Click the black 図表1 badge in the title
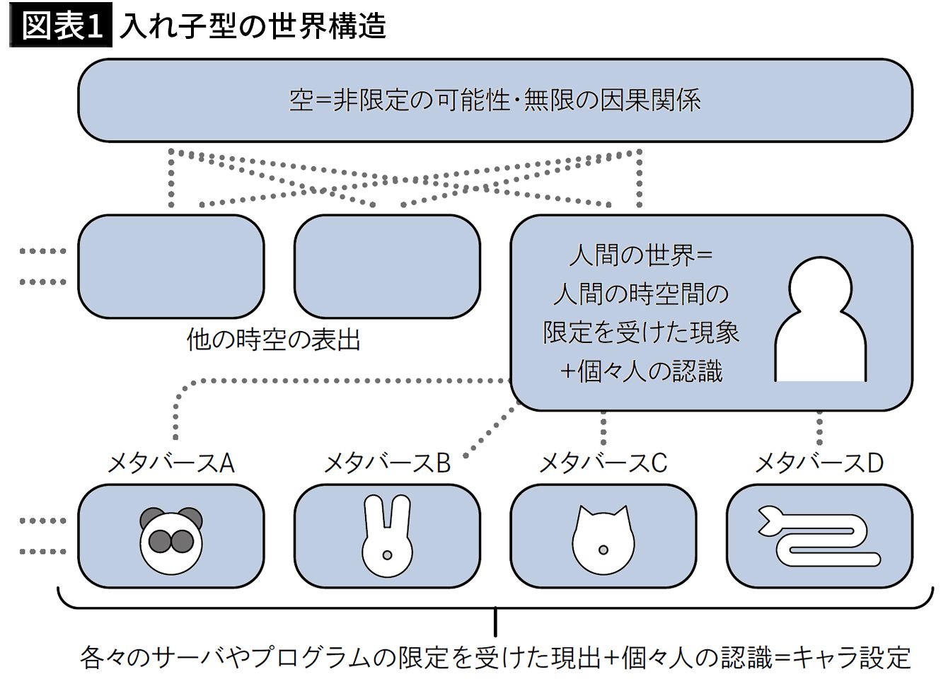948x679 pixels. pyautogui.click(x=60, y=27)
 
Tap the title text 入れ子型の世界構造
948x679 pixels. pyautogui.click(x=253, y=27)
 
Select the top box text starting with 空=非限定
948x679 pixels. pyautogui.click(x=495, y=100)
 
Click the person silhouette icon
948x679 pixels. pyautogui.click(x=820, y=320)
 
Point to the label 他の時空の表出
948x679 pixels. pyautogui.click(x=273, y=340)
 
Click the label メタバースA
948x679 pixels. pyautogui.click(x=170, y=463)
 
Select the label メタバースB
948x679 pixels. pyautogui.click(x=387, y=463)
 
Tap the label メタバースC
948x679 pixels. pyautogui.click(x=603, y=463)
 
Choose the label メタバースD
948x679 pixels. pyautogui.click(x=819, y=463)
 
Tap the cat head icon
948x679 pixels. pyautogui.click(x=603, y=539)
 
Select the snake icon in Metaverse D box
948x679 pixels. pyautogui.click(x=819, y=535)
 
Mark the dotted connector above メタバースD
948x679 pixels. pyautogui.click(x=819, y=428)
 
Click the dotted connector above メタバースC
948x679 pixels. pyautogui.click(x=603, y=428)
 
